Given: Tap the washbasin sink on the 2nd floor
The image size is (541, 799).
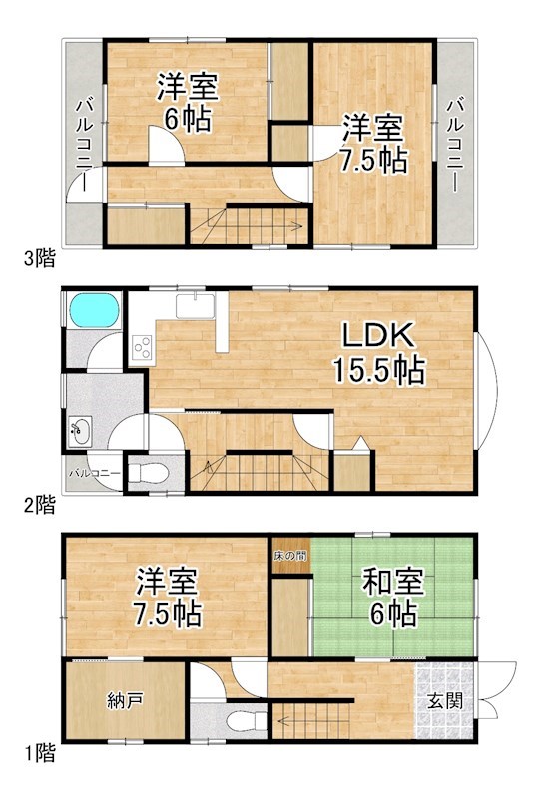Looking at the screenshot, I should pos(80,431).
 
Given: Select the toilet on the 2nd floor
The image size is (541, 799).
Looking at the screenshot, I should pos(149,473).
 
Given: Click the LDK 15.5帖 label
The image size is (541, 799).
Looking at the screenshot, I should pos(379,352).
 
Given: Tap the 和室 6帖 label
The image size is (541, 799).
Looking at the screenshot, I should pos(382,597).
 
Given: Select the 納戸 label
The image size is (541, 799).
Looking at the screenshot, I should pos(124,699).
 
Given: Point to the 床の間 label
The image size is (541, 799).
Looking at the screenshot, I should pos(290,555).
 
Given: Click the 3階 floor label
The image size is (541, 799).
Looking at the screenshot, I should pos(38,259).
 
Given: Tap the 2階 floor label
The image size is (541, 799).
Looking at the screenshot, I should pos(38,505).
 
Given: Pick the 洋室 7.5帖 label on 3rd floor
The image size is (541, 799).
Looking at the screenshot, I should pos(375,144).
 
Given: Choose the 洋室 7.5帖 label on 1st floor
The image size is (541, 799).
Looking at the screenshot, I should pos(168,595).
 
